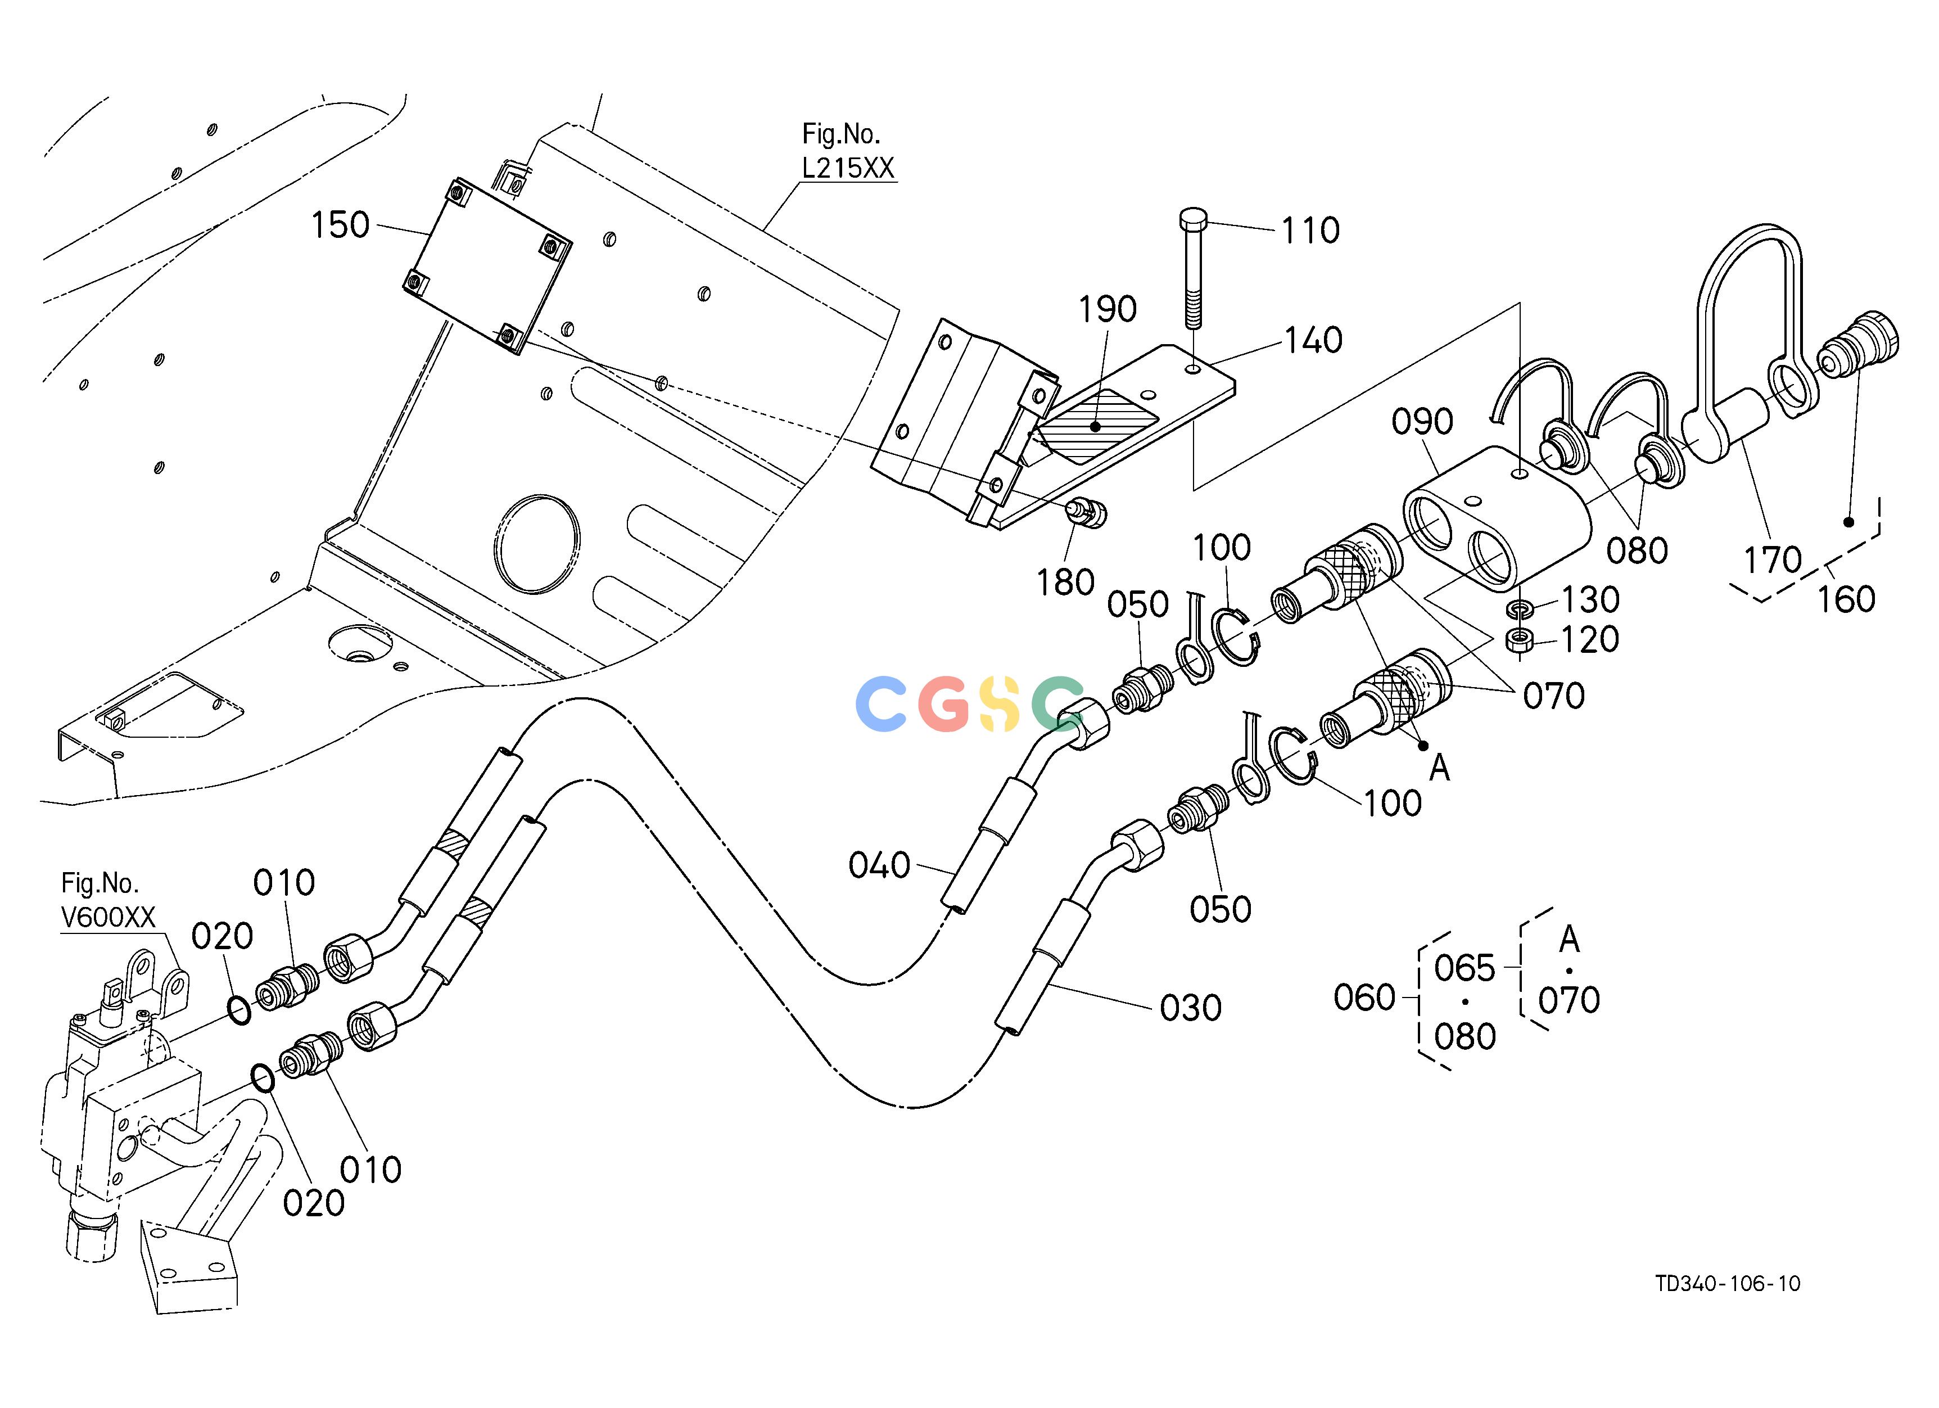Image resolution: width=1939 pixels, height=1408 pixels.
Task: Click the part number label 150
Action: pyautogui.click(x=340, y=225)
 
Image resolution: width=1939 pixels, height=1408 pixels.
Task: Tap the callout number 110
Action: pyautogui.click(x=1310, y=230)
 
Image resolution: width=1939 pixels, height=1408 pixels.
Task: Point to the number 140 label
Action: pyautogui.click(x=1313, y=340)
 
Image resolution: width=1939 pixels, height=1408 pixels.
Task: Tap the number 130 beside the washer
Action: pyautogui.click(x=1590, y=600)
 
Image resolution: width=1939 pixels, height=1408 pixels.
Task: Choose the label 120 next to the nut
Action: pyautogui.click(x=1590, y=639)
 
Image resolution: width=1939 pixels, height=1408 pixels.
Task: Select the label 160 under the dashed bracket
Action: pyautogui.click(x=1846, y=599)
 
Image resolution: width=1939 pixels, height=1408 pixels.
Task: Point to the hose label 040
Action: pyautogui.click(x=879, y=865)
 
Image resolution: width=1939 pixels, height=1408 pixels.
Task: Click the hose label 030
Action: pyautogui.click(x=1190, y=1008)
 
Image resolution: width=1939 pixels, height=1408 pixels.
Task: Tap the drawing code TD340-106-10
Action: pyautogui.click(x=1728, y=1307)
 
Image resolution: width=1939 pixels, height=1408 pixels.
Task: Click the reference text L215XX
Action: pyautogui.click(x=848, y=168)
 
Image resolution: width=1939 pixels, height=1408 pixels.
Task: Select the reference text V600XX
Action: pyautogui.click(x=109, y=917)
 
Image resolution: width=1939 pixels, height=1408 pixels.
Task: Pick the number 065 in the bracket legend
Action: pyautogui.click(x=1465, y=969)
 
